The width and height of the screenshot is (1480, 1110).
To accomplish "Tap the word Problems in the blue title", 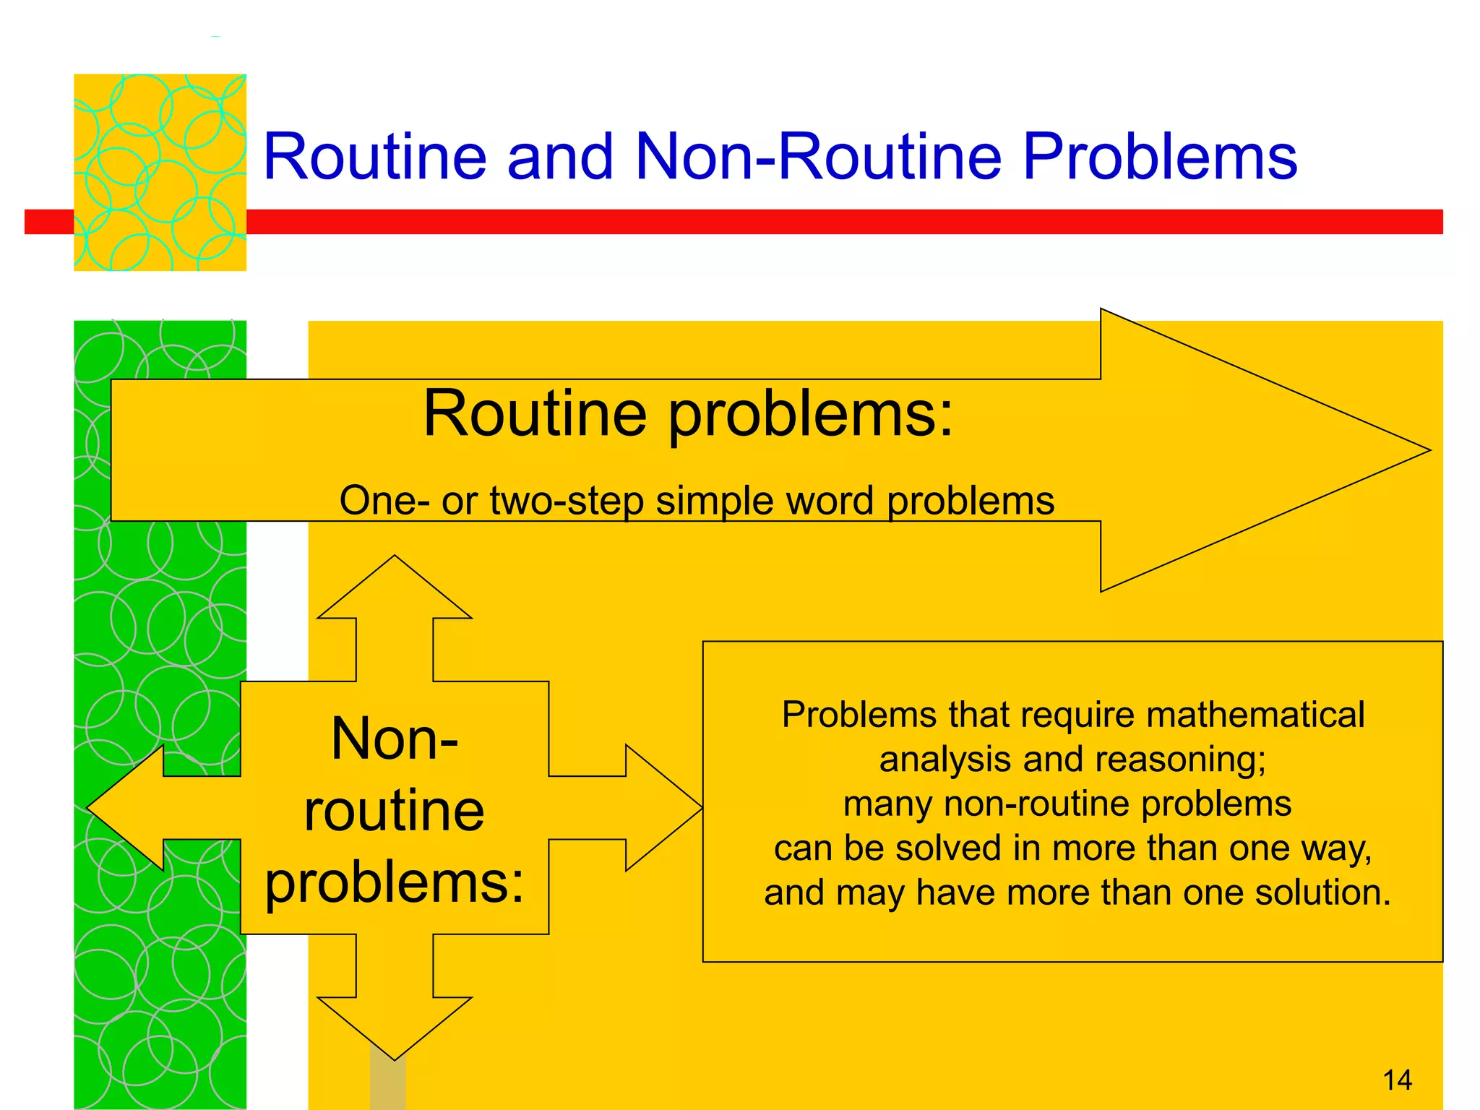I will click(1160, 158).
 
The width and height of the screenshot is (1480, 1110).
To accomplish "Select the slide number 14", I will click(1397, 1080).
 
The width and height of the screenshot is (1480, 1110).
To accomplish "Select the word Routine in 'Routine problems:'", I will click(535, 414).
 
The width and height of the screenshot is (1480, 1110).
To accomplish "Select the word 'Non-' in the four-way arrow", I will click(395, 739).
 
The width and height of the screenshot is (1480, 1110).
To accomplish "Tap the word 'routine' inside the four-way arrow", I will click(395, 811).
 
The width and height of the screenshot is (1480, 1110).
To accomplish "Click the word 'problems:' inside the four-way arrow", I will click(395, 883).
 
